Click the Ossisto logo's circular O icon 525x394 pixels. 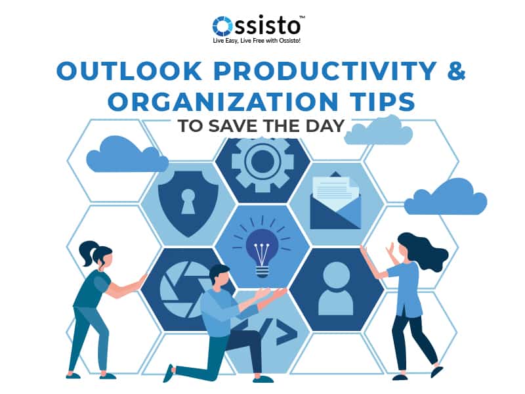223,26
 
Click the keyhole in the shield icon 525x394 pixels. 188,200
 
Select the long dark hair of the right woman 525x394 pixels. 427,250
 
